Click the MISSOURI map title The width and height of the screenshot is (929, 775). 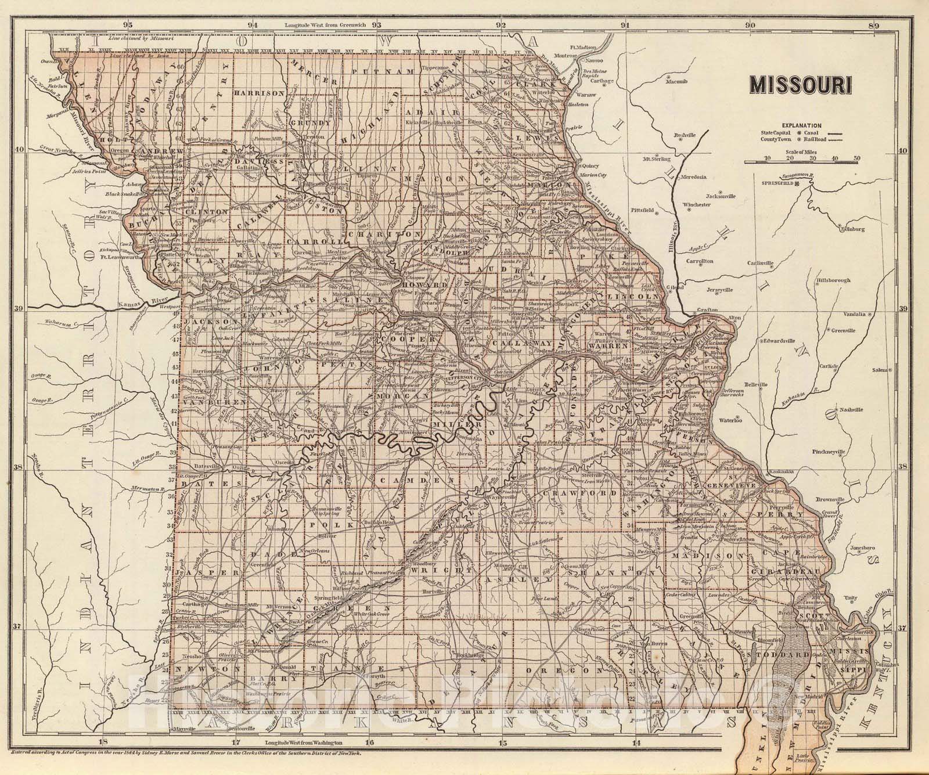(801, 85)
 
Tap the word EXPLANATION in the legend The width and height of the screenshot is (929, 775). (801, 125)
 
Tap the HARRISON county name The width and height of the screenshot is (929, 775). (258, 92)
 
